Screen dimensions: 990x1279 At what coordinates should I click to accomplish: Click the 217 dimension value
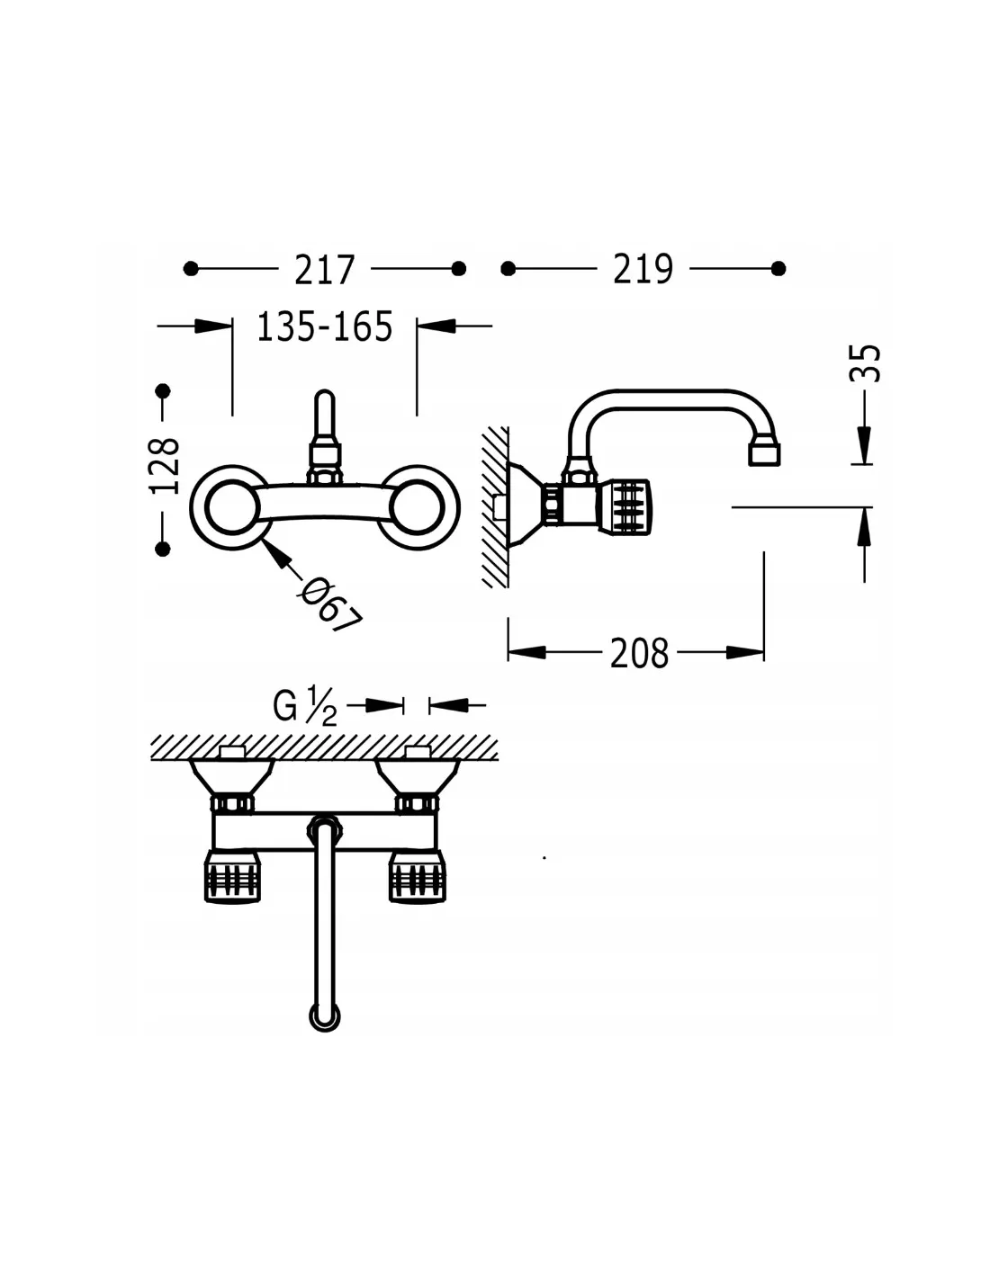pos(325,270)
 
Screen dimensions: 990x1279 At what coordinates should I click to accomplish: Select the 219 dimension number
pos(643,270)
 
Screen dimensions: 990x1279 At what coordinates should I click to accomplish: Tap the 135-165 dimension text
pos(325,326)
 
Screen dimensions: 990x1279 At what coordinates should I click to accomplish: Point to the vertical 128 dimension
pos(165,466)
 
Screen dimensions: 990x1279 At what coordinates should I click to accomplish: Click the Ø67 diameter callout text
pos(330,605)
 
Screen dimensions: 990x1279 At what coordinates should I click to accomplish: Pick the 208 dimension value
pos(639,653)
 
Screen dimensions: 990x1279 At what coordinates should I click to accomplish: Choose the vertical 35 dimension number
pos(865,363)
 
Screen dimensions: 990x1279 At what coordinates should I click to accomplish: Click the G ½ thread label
pos(304,707)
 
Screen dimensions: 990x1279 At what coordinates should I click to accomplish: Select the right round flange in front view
pos(457,506)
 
